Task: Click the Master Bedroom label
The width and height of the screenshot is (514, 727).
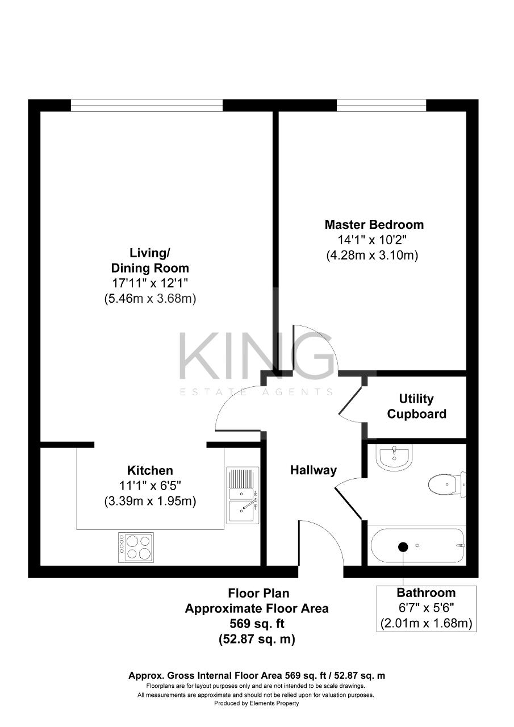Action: [x=374, y=224]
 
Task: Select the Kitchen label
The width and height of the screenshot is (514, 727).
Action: [x=150, y=470]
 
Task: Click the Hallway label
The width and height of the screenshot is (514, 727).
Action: [x=314, y=470]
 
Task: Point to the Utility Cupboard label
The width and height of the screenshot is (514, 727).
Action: [x=416, y=407]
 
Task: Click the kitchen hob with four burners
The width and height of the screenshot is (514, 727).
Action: [x=136, y=547]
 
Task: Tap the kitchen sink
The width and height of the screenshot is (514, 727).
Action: [x=243, y=495]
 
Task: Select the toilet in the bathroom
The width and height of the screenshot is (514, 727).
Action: [x=446, y=484]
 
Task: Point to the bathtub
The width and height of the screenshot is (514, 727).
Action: [x=417, y=546]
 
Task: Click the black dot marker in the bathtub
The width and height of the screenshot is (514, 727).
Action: [x=403, y=547]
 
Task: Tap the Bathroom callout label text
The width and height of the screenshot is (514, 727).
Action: [x=426, y=593]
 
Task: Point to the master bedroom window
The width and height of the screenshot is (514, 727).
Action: [x=381, y=106]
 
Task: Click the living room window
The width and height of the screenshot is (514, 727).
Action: [x=147, y=106]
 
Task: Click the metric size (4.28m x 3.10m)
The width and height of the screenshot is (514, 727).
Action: [x=372, y=256]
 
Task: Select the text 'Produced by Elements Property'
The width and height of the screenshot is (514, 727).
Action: [x=256, y=703]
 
